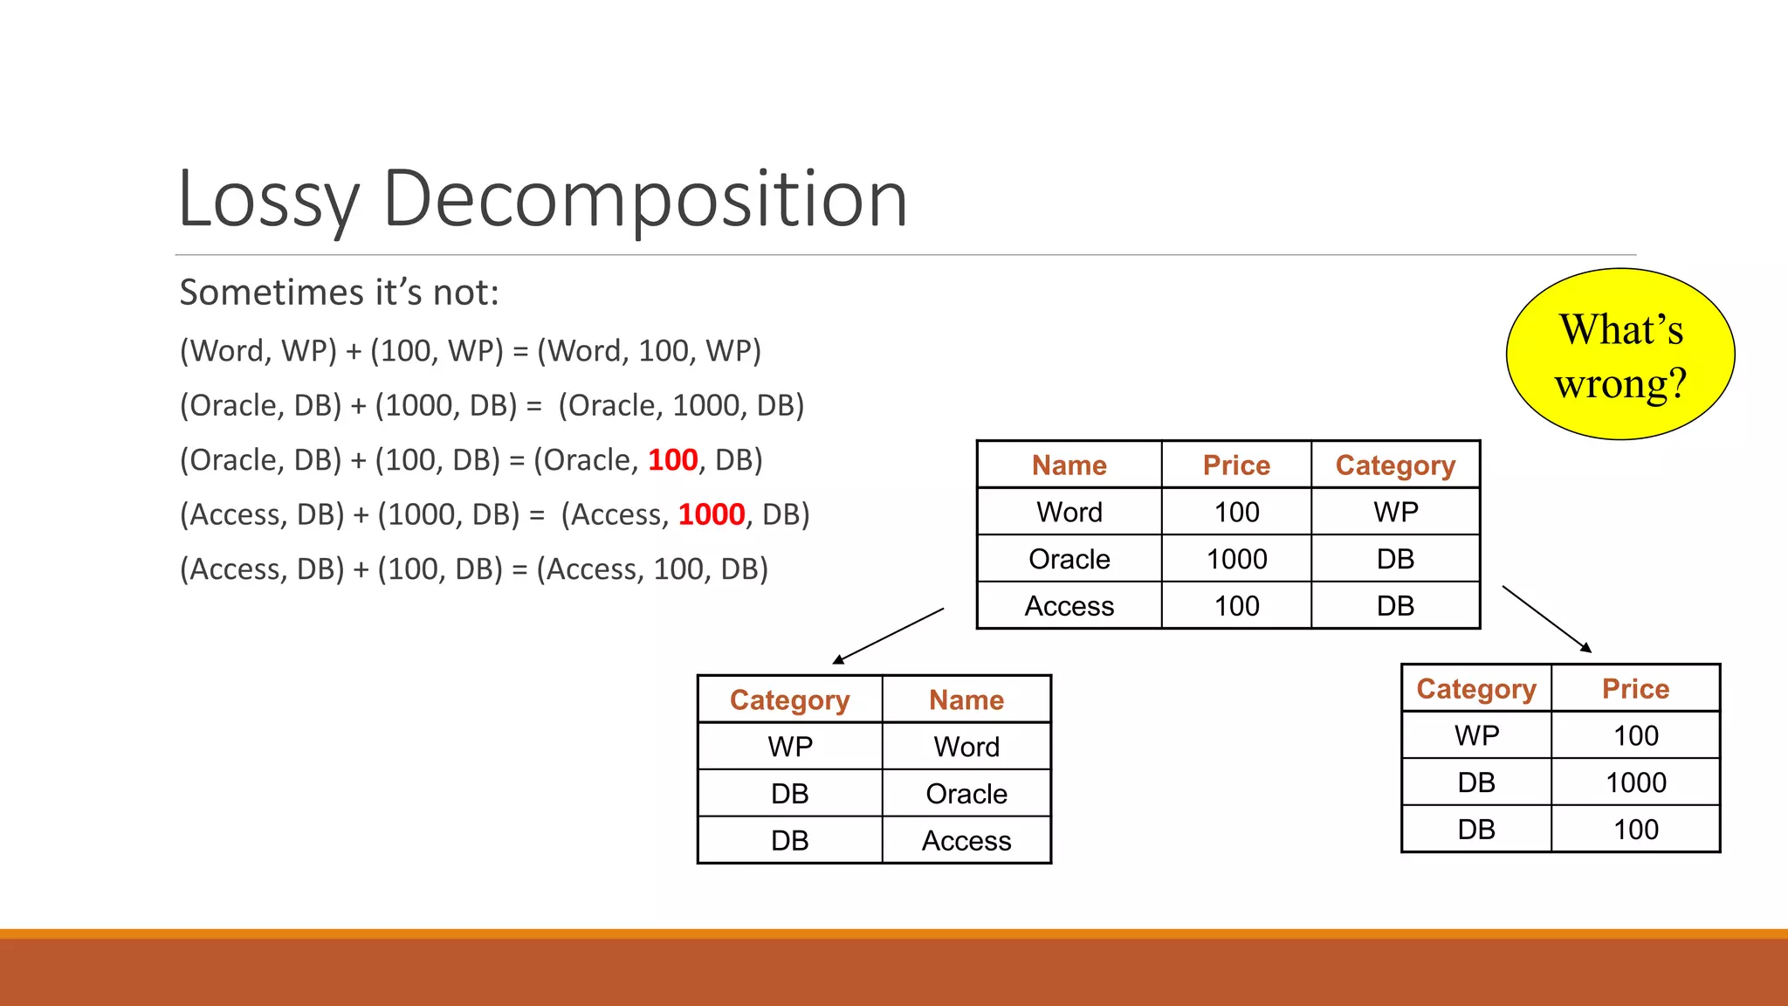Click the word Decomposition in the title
tap(644, 200)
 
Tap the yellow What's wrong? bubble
tap(1620, 355)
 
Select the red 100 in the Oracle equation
tap(672, 460)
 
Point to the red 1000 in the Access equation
tap(712, 514)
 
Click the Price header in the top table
tap(1236, 465)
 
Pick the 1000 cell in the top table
tap(1236, 559)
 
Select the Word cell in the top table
tap(1069, 512)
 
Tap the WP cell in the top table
tap(1395, 512)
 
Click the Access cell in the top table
tap(1069, 606)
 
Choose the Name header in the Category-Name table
tap(966, 699)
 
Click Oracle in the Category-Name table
tap(966, 794)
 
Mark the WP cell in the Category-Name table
tap(790, 747)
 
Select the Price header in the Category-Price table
tap(1635, 689)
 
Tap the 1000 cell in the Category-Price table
tap(1635, 782)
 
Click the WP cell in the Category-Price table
tap(1476, 735)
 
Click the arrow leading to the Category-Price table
tap(1546, 619)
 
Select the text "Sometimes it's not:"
tap(339, 293)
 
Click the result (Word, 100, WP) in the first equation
tap(649, 351)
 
